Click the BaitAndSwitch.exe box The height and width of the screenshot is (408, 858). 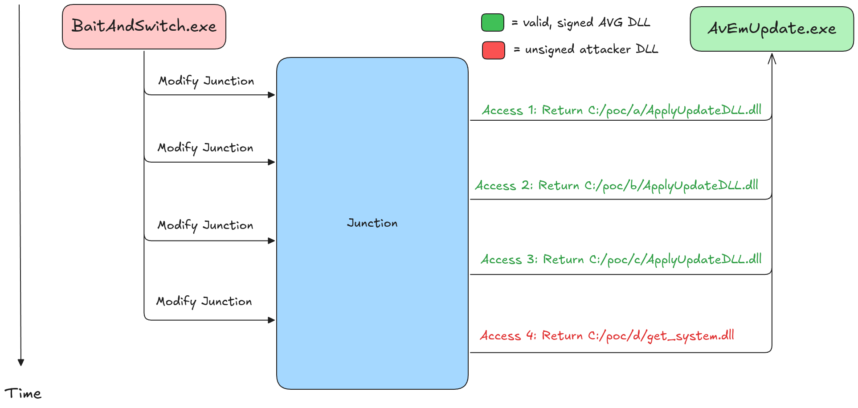click(x=144, y=27)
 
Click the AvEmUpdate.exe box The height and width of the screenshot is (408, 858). click(x=772, y=29)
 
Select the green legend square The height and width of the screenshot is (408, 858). click(x=492, y=23)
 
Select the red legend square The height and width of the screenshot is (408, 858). click(x=493, y=50)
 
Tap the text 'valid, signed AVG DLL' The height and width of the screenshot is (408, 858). click(x=586, y=23)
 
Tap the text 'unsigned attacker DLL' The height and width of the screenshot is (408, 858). click(x=591, y=49)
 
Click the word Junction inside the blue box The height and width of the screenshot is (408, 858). click(x=372, y=223)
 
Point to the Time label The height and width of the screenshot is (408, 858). click(x=23, y=394)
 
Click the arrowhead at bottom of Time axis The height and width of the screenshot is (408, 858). click(x=20, y=363)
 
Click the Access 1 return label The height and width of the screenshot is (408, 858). click(x=621, y=110)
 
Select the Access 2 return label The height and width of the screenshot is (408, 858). click(x=617, y=186)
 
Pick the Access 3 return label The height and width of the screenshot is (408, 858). click(x=621, y=260)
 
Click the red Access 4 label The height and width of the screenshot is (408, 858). click(x=607, y=336)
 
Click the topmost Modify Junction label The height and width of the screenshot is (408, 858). click(x=206, y=81)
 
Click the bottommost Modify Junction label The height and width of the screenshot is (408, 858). click(x=204, y=302)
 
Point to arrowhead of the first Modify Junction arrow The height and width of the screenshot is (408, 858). click(x=271, y=95)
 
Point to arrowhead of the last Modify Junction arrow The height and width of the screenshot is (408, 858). click(x=271, y=320)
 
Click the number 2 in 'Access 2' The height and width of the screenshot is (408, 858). click(x=526, y=185)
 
